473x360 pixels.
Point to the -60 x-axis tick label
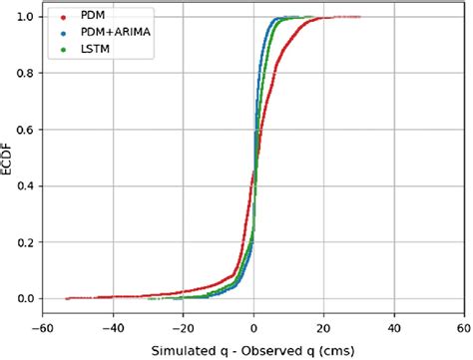pyautogui.click(x=43, y=325)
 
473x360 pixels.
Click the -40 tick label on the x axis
pyautogui.click(x=113, y=325)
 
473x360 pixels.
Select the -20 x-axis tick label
pyautogui.click(x=184, y=325)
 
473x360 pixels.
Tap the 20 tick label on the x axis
pyautogui.click(x=323, y=325)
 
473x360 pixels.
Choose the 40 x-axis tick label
pyautogui.click(x=394, y=325)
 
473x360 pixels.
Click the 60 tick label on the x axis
pyautogui.click(x=464, y=325)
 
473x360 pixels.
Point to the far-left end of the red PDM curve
pyautogui.click(x=67, y=298)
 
